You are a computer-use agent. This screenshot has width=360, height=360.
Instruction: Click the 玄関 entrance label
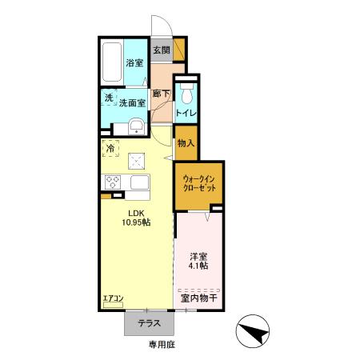(161, 50)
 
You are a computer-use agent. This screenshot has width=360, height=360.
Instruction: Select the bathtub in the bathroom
(110, 62)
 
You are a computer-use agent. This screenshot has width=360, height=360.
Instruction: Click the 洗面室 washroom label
(134, 102)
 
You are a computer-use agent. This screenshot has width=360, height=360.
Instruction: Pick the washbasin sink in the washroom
(135, 126)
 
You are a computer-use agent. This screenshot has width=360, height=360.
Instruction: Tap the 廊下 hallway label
(161, 94)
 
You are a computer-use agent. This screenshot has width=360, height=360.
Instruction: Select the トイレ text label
(186, 114)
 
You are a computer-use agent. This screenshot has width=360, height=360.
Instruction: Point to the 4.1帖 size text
(198, 266)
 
